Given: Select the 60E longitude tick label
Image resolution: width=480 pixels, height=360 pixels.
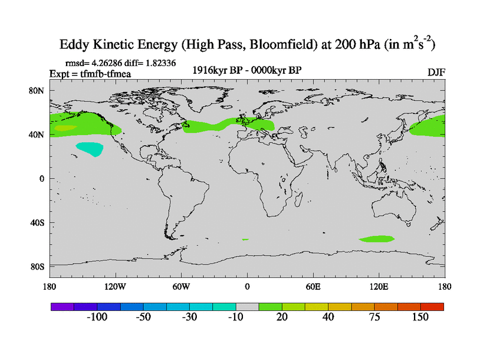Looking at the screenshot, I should pos(313,286).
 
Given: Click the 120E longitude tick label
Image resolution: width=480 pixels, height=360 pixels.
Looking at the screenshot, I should pos(379,286).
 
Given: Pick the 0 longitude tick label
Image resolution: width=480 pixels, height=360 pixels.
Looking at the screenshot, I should pos(247,286).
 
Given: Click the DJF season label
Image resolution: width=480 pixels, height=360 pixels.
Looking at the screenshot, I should pos(436,73).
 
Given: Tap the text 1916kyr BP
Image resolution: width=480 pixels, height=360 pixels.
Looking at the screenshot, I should pos(215,70).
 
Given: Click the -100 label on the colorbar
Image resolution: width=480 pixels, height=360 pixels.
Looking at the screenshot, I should pos(97,317).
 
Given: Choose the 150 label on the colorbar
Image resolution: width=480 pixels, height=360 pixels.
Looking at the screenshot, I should pos(420,317).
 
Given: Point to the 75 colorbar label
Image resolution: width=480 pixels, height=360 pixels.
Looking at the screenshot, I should pos(374,317).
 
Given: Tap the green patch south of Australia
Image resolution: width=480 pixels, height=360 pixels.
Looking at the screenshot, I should pos(378,239).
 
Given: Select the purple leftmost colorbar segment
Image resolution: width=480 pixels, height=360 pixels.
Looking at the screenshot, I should pos(62,306).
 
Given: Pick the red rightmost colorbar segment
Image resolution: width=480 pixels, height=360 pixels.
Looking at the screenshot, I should pos(432,306).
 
